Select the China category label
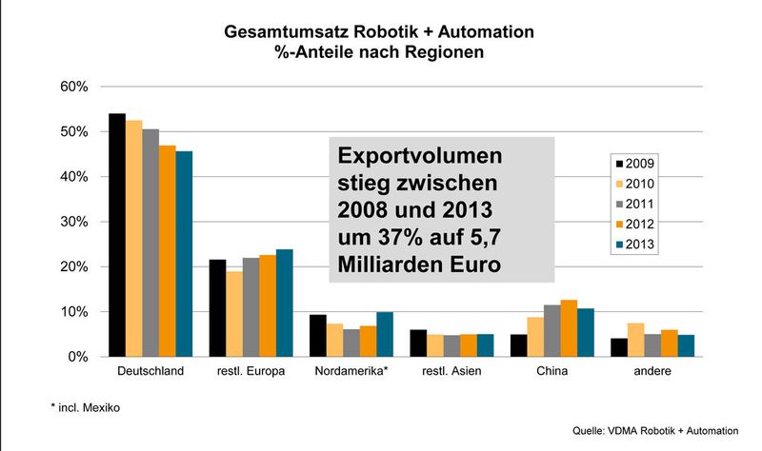tap(551, 371)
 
